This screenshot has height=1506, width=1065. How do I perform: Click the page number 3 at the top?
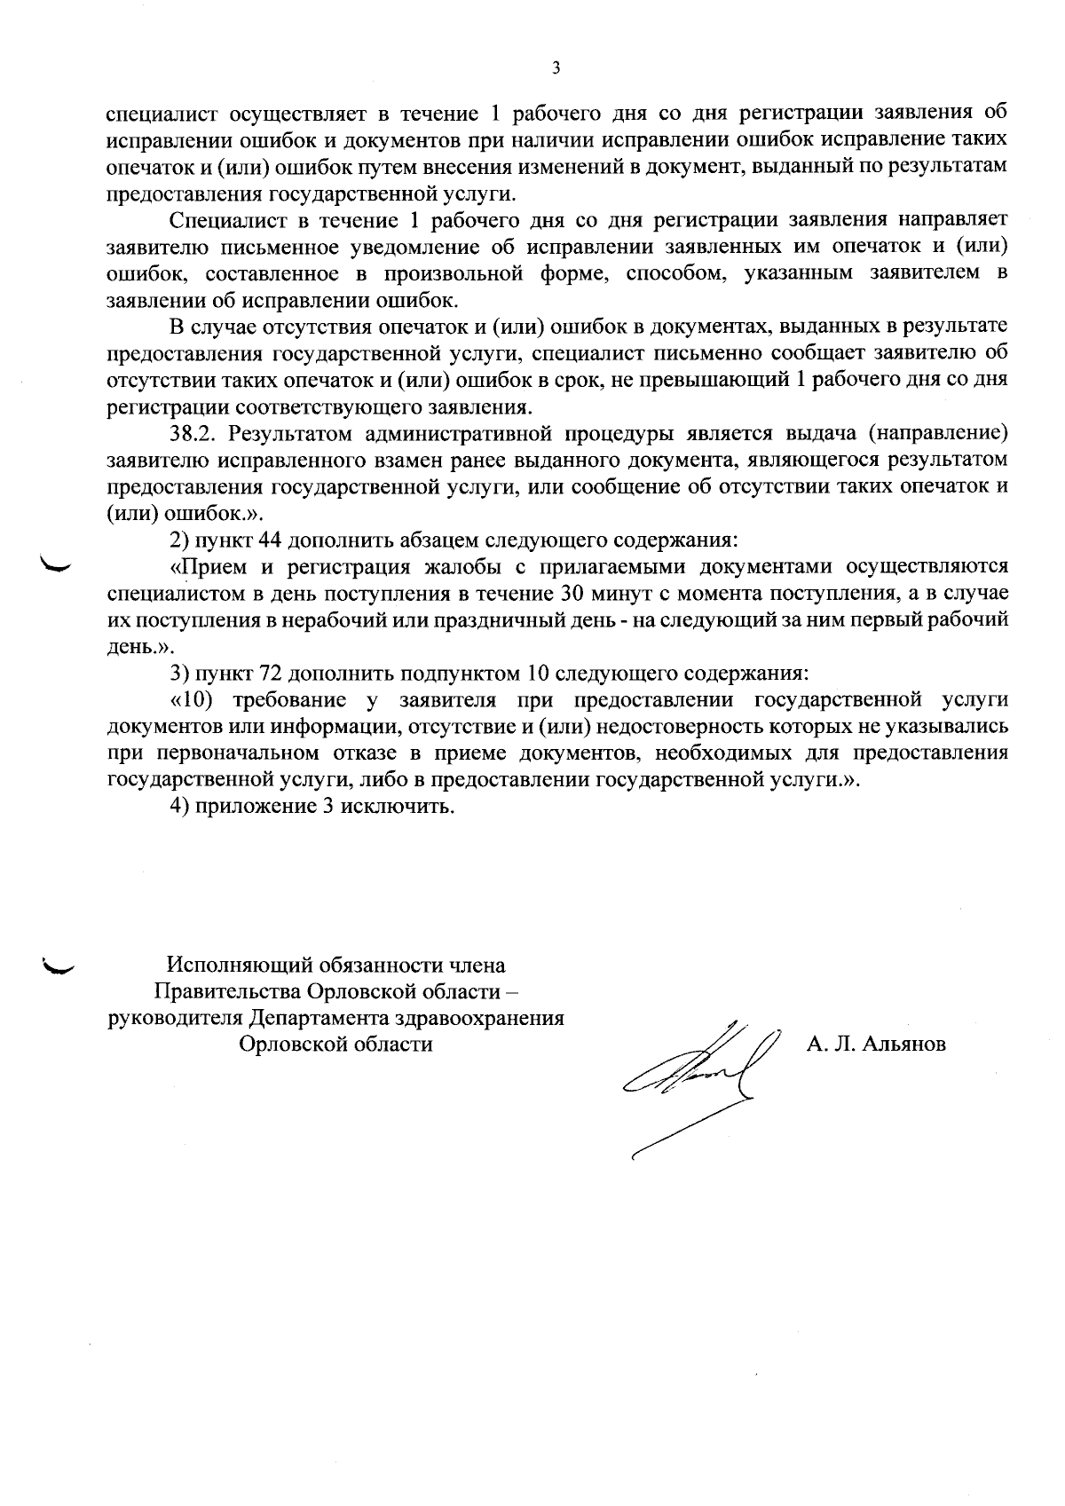click(556, 68)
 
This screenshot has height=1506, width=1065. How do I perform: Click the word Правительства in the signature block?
click(227, 990)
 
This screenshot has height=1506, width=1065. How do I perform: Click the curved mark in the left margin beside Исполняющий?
click(60, 966)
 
